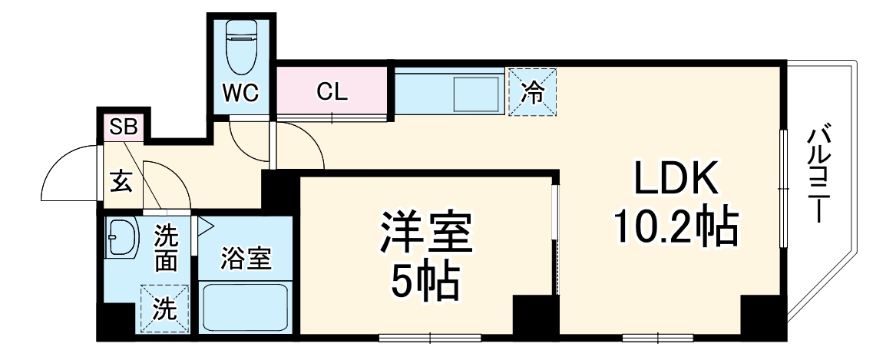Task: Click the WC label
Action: pos(240,93)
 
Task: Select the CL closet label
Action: pos(332,93)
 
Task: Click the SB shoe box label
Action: pos(124,127)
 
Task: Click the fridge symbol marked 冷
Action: pos(532,92)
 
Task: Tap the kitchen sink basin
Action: pos(476,94)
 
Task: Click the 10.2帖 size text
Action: pos(676,227)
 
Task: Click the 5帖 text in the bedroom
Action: pos(425,283)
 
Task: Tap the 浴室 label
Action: pos(246,259)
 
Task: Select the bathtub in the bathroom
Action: pos(246,307)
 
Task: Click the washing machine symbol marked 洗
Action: pos(164,308)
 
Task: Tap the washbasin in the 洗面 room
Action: pos(121,238)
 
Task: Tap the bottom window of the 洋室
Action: pos(430,336)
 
